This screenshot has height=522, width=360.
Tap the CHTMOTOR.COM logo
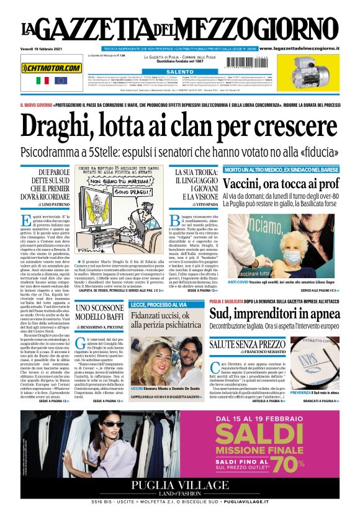tap(52, 68)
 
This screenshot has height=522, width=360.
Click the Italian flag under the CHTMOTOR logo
tap(43, 81)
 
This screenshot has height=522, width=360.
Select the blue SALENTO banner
tap(179, 72)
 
